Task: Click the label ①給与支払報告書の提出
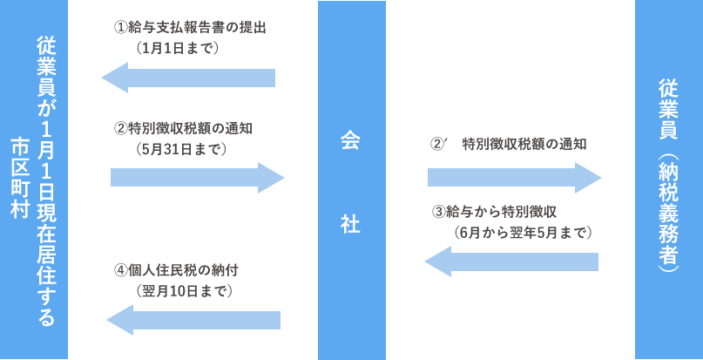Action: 189,27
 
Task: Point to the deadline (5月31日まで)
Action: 181,149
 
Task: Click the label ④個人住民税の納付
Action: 176,268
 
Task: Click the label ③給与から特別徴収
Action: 494,212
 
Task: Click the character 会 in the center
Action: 350,142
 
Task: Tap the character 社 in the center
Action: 350,224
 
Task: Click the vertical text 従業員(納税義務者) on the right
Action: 669,178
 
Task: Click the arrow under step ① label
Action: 188,78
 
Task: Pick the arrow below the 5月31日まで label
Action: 198,178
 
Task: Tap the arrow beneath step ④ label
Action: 193,320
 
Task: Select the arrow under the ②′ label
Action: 515,178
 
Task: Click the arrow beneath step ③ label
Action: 511,262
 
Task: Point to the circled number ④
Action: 120,268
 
